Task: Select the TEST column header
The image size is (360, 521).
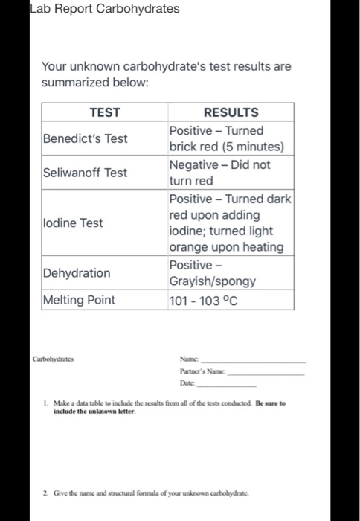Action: (104, 112)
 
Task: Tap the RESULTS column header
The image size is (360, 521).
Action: (231, 112)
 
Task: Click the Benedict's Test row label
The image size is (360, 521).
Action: (85, 138)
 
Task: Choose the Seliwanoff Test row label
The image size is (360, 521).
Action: (85, 173)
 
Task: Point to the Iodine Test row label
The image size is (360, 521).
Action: (73, 223)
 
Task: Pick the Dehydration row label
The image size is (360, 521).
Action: (77, 273)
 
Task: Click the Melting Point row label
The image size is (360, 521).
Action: (80, 300)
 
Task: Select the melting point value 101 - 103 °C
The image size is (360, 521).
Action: (205, 300)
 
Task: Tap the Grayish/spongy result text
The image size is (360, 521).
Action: (213, 282)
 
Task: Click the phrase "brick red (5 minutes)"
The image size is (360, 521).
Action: (226, 147)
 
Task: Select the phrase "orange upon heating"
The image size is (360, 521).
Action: (226, 247)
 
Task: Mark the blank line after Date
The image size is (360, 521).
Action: (237, 386)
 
